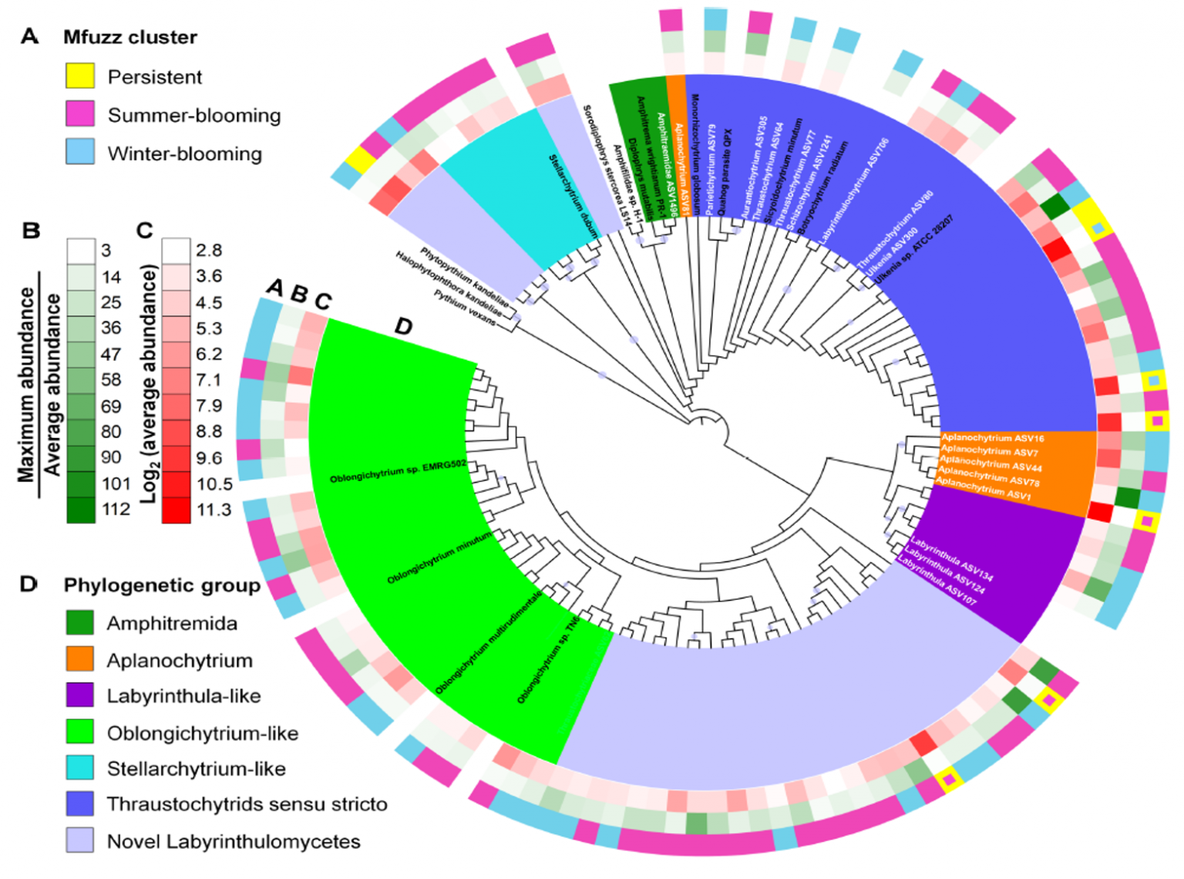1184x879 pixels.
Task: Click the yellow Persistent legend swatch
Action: click(80, 76)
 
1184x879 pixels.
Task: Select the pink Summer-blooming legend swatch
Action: click(80, 114)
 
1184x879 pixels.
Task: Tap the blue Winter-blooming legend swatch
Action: click(80, 152)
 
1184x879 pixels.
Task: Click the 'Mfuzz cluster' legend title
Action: click(129, 37)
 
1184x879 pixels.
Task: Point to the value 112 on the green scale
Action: click(116, 509)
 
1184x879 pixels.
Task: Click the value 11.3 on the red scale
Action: click(214, 510)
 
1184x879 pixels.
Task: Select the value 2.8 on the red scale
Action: click(209, 251)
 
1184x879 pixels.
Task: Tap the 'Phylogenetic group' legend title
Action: click(162, 585)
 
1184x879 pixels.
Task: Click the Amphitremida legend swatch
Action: click(80, 622)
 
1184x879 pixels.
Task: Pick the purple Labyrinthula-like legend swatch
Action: click(80, 695)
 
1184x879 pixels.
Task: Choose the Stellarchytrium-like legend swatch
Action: click(80, 768)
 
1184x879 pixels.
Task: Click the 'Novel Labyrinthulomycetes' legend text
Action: click(234, 841)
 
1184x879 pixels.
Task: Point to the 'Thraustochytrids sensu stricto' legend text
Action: click(247, 804)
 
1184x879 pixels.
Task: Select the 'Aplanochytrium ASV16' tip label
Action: click(992, 438)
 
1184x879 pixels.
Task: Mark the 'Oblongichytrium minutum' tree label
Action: click(439, 557)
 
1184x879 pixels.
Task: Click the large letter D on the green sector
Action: click(403, 326)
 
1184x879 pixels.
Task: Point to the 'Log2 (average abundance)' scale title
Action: click(149, 383)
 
